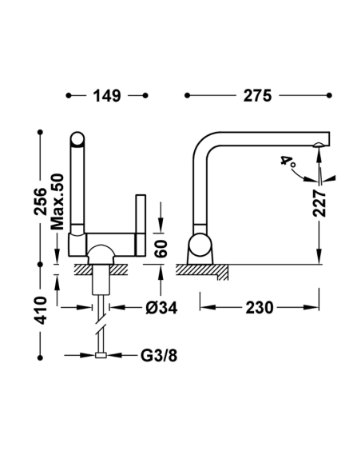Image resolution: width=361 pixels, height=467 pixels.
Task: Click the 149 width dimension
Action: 107,96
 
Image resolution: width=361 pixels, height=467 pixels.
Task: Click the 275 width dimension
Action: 257,96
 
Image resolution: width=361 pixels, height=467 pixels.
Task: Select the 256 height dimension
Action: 41,202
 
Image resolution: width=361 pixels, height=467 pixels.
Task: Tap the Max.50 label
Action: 58,202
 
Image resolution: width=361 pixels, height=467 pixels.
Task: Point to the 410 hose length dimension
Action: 41,310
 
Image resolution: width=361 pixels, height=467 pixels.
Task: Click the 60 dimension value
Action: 161,249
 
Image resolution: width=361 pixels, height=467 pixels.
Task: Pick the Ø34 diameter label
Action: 161,308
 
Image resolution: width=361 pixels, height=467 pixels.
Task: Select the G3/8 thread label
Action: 159,355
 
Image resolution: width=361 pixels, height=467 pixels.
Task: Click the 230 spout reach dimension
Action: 259,308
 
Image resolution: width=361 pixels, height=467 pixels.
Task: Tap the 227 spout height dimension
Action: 319,203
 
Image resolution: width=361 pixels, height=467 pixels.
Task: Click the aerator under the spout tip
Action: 319,145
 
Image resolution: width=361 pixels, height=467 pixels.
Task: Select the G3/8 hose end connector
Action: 101,355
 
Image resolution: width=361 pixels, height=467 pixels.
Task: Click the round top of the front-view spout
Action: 77,139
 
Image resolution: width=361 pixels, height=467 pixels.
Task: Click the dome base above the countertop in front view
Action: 101,255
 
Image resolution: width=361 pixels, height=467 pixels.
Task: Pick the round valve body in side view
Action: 200,245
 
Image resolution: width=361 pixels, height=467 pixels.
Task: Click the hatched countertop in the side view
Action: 202,271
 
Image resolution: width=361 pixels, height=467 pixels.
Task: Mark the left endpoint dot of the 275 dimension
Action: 187,95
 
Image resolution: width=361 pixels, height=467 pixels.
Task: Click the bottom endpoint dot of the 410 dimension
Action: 41,357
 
